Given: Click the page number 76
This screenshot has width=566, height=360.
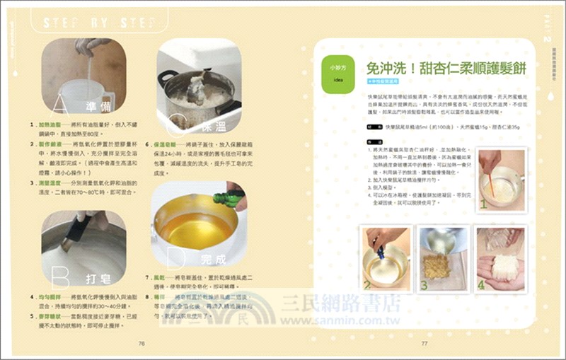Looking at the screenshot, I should click(x=141, y=343).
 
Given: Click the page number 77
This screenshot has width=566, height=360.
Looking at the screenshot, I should click(x=424, y=343).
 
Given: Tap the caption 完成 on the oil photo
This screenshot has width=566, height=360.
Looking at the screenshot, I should click(x=214, y=260).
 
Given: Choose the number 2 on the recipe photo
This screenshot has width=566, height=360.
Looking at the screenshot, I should click(x=368, y=285).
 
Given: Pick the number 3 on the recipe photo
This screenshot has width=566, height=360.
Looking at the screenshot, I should click(x=424, y=285).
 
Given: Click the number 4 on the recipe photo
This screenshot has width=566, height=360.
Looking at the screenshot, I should click(x=481, y=285).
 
